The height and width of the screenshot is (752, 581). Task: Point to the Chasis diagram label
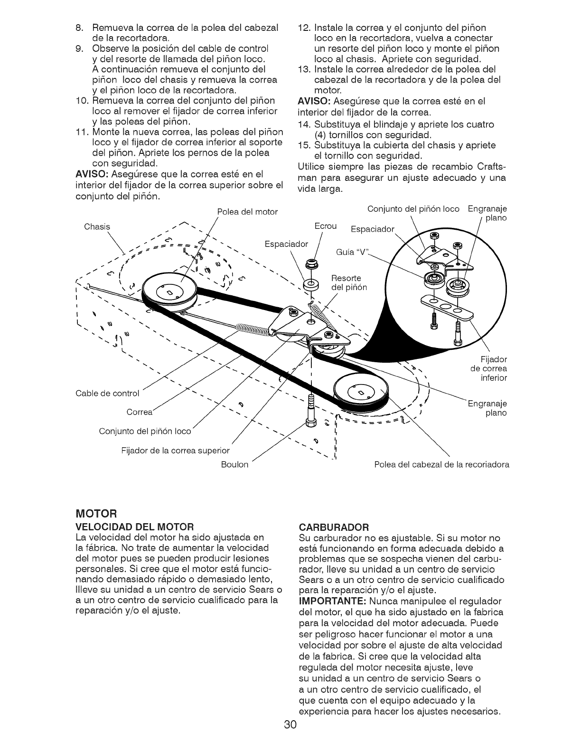coord(97,226)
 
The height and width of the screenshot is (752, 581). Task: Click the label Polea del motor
coord(247,212)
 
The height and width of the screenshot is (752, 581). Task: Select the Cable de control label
coord(107,394)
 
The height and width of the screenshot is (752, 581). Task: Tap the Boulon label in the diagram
coord(235,464)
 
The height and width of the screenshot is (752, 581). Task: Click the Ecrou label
coord(326,226)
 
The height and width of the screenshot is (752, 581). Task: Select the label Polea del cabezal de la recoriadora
coord(441,464)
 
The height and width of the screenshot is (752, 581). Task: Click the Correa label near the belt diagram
coord(140,412)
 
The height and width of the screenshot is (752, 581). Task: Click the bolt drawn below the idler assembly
coord(311,408)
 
